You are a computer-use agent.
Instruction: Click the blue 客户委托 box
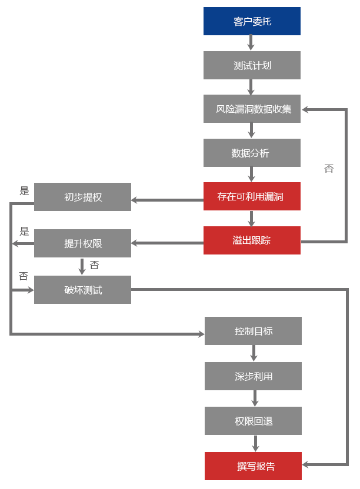point(251,21)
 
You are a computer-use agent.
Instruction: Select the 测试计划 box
point(251,65)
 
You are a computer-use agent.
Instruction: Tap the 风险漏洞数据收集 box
point(251,109)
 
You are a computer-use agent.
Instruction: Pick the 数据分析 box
point(251,153)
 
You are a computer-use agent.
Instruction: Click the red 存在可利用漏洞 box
point(251,196)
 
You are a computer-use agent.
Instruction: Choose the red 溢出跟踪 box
point(251,240)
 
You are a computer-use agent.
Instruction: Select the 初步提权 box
point(82,197)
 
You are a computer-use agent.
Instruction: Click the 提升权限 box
point(82,243)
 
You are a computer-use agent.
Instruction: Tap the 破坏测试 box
point(82,290)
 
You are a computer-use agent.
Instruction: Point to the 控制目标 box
point(253,331)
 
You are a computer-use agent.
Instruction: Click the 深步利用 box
point(253,376)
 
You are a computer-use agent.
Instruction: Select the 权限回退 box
point(253,421)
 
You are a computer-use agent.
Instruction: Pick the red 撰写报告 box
point(253,466)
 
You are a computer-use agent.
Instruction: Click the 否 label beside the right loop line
point(329,169)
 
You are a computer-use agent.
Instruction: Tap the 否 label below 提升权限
point(94,266)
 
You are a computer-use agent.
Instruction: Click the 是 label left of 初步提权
point(24,190)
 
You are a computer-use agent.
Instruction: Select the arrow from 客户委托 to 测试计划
point(251,43)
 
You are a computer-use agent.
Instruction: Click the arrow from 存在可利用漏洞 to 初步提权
point(167,200)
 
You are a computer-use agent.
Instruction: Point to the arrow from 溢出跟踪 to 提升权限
point(167,242)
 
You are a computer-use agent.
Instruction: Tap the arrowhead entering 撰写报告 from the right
point(307,464)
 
